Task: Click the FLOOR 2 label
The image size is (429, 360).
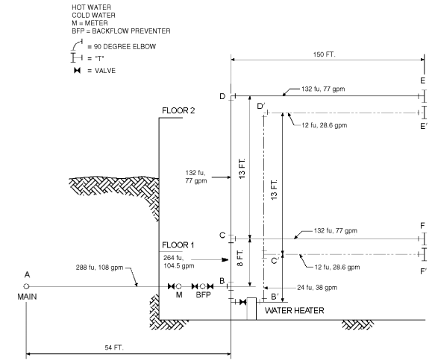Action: coord(178,111)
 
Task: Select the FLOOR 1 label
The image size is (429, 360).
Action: coord(178,244)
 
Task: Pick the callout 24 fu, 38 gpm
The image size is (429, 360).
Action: coord(316,287)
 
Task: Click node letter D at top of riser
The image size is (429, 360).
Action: coord(222,96)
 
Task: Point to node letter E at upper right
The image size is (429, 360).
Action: coord(422,80)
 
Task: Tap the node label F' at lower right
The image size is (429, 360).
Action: coord(423,271)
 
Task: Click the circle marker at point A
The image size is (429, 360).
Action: coord(28,286)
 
